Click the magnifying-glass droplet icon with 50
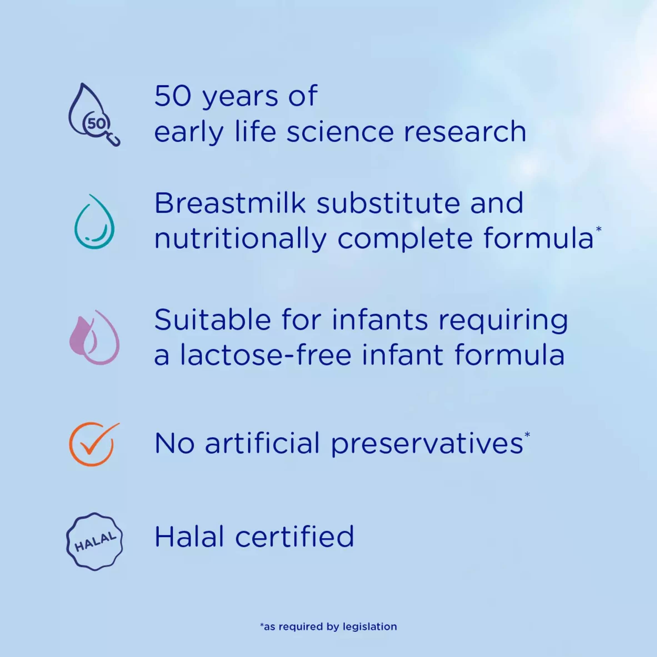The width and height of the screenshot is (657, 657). tap(94, 115)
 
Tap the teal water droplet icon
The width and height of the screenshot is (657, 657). tap(94, 222)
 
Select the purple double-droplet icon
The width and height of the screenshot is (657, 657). tap(94, 337)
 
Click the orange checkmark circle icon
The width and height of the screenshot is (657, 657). tap(94, 444)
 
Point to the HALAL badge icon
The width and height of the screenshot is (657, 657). tap(94, 542)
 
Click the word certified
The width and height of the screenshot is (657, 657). tap(294, 536)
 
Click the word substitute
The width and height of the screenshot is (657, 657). tap(388, 203)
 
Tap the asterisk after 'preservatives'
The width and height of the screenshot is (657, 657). tap(527, 434)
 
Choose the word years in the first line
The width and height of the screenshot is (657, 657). tap(240, 98)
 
